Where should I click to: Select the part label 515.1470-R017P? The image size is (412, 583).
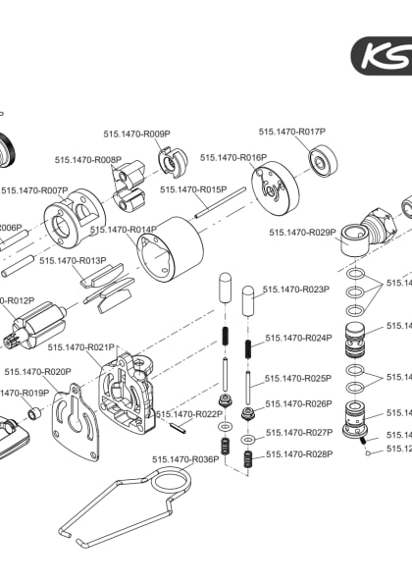tap(291, 131)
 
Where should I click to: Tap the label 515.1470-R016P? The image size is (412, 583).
tap(232, 157)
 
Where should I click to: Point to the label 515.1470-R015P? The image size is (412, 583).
tap(193, 189)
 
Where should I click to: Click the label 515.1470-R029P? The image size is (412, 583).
tap(302, 233)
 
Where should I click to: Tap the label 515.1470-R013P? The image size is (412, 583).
tap(73, 260)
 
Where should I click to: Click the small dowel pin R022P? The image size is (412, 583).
tap(180, 426)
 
